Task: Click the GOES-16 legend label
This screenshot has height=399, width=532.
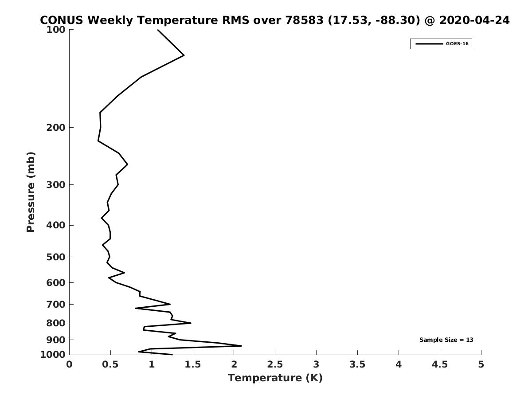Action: tap(457, 44)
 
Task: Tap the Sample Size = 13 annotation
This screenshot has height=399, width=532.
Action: tap(446, 340)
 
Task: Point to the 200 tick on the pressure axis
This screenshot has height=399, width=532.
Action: tap(56, 127)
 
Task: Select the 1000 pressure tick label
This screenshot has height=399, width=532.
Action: tap(53, 354)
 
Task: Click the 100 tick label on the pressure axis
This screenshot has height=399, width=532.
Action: tap(56, 30)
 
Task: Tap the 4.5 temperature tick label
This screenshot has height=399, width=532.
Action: tap(440, 364)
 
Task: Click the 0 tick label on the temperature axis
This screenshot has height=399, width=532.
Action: tap(69, 364)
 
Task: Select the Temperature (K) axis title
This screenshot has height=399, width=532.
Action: tap(275, 378)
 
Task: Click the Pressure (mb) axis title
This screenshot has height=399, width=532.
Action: tap(31, 192)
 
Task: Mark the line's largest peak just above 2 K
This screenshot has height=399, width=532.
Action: tap(241, 346)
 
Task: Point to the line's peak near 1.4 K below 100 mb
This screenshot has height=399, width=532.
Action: tap(184, 55)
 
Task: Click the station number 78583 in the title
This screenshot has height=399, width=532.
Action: tap(304, 20)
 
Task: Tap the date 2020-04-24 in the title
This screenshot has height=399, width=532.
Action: tap(474, 20)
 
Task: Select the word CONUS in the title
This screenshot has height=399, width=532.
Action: tap(61, 20)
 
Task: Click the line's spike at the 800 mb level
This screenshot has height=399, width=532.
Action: tap(191, 323)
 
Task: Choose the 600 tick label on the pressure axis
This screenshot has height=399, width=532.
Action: tap(56, 282)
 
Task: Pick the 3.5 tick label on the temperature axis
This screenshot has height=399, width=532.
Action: tap(357, 364)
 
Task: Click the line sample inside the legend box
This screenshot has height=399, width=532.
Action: tap(429, 44)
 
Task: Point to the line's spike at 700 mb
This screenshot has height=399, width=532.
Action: tap(170, 304)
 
